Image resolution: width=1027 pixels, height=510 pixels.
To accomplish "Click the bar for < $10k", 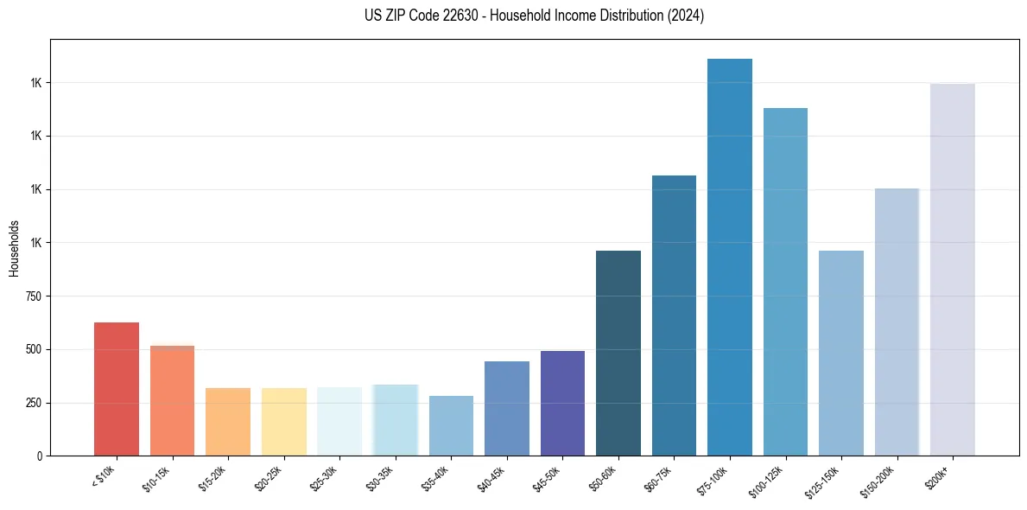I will pos(117,389).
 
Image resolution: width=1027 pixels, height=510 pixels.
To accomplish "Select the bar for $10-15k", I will pos(172,400).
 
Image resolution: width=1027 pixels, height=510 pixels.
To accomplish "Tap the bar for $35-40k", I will pos(451,425).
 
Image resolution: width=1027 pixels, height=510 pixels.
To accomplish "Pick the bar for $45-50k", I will pos(562,403).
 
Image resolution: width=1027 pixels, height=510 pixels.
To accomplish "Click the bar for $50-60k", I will pos(618,353).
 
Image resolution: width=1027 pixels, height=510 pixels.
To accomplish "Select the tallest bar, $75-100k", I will pos(730,257).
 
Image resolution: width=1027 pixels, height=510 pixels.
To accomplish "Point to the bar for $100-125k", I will pos(785,282).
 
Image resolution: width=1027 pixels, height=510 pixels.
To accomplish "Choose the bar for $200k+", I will pos(952,270).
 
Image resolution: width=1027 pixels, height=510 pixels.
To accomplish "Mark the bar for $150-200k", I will pos(897,322).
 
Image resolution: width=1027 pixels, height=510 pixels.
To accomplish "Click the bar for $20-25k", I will pos(283,422).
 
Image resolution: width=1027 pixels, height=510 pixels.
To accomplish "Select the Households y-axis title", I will pos(14,247).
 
